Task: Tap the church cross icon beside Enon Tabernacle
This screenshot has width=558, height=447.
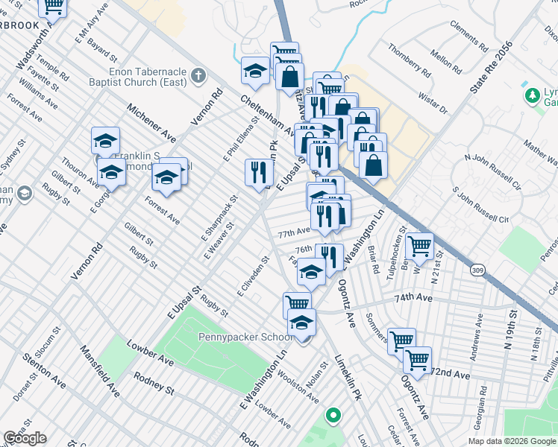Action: [198, 75]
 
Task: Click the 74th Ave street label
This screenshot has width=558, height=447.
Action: [413, 297]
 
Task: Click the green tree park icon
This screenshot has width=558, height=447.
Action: [532, 95]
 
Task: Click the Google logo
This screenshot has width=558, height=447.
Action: [25, 438]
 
